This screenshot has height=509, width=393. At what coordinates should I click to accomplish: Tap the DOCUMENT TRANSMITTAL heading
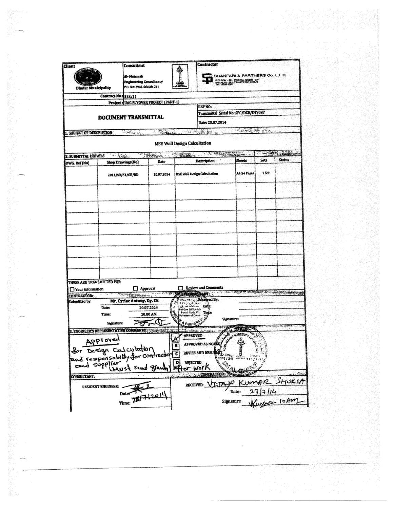pyautogui.click(x=131, y=117)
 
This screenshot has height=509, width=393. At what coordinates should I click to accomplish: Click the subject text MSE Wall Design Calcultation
pyautogui.click(x=183, y=143)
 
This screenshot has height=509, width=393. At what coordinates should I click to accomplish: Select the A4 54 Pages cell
pyautogui.click(x=245, y=173)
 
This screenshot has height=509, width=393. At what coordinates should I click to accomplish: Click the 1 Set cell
pyautogui.click(x=266, y=173)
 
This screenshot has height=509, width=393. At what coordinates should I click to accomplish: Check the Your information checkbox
pyautogui.click(x=72, y=289)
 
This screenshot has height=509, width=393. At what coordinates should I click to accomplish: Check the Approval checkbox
pyautogui.click(x=136, y=288)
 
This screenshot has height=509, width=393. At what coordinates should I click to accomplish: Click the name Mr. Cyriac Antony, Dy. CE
pyautogui.click(x=135, y=301)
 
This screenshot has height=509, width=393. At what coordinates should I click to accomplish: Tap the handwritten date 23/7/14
pyautogui.click(x=261, y=392)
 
